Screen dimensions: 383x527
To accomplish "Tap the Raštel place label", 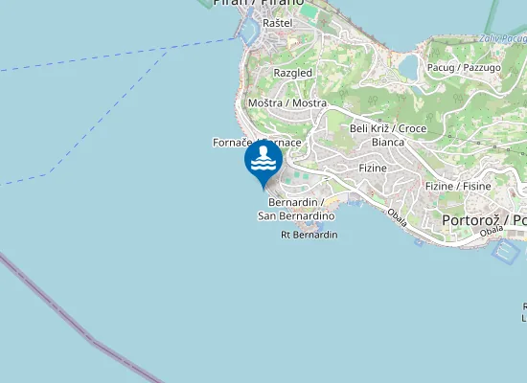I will pyautogui.click(x=277, y=22).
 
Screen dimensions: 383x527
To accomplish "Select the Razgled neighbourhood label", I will pyautogui.click(x=292, y=73).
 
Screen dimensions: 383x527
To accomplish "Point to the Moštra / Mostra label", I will pyautogui.click(x=286, y=102).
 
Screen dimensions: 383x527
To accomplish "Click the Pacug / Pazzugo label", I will pyautogui.click(x=463, y=68).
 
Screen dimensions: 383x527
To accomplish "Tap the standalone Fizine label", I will pyautogui.click(x=372, y=169).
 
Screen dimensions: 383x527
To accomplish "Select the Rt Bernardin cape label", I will pyautogui.click(x=309, y=235).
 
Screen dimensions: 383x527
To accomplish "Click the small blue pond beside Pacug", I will pyautogui.click(x=408, y=66).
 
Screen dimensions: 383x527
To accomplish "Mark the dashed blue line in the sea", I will pyautogui.click(x=115, y=56).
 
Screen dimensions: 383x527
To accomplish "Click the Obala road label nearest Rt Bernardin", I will pyautogui.click(x=398, y=218).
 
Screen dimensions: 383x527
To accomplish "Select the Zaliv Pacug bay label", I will pyautogui.click(x=506, y=37).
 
